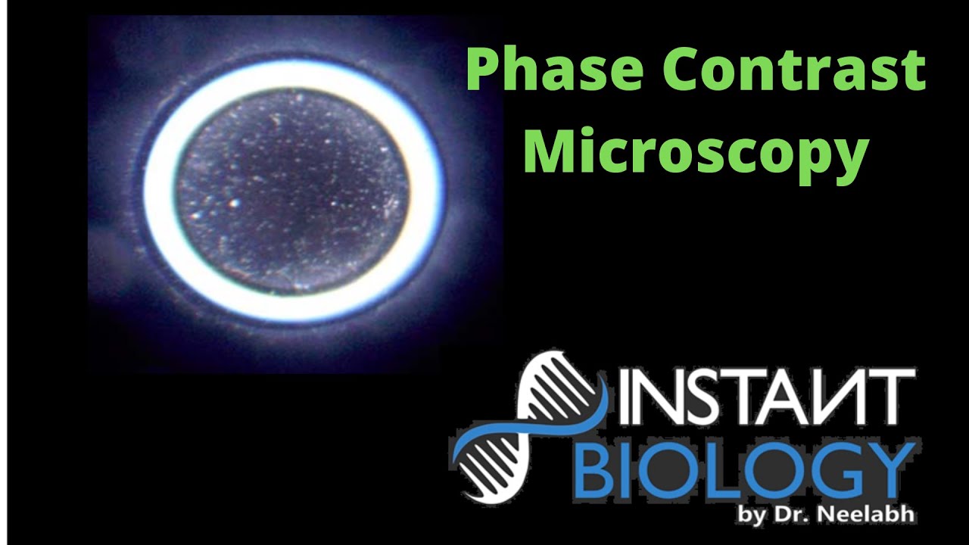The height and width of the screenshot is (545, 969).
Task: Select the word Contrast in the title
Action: tap(787, 70)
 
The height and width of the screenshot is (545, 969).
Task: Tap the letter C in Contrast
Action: tap(671, 70)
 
